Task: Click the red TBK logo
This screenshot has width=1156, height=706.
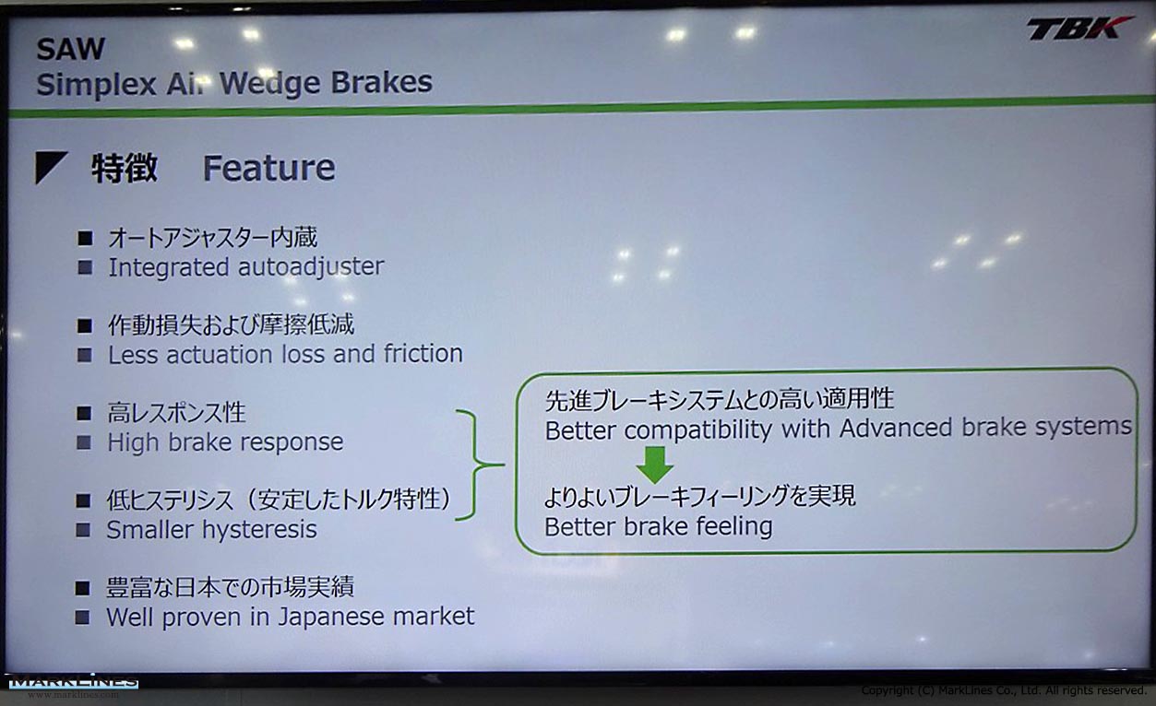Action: pyautogui.click(x=1079, y=28)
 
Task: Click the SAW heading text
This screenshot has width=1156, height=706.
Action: pyautogui.click(x=71, y=50)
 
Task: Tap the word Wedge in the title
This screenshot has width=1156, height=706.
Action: pyautogui.click(x=268, y=83)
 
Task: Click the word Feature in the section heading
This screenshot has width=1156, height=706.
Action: pyautogui.click(x=268, y=168)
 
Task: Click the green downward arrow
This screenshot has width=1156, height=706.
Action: pyautogui.click(x=654, y=465)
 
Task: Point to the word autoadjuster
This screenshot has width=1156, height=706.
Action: pyautogui.click(x=311, y=267)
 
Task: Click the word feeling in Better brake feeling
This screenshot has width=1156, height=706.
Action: pyautogui.click(x=734, y=527)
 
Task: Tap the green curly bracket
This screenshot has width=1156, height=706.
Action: pyautogui.click(x=475, y=465)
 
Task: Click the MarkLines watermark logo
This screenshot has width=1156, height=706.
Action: pyautogui.click(x=73, y=682)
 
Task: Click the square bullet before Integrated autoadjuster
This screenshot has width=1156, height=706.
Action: pyautogui.click(x=85, y=267)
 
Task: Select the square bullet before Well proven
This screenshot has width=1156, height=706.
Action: pyautogui.click(x=83, y=618)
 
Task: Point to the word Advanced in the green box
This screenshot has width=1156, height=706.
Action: pyautogui.click(x=896, y=428)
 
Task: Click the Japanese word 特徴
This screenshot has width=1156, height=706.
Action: pyautogui.click(x=125, y=168)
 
